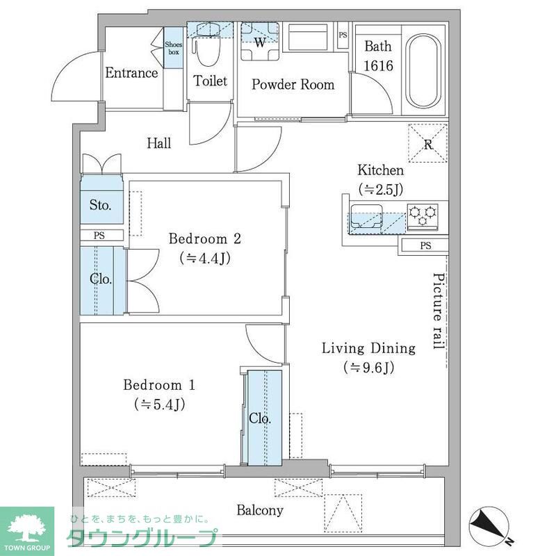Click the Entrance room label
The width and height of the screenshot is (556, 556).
click(x=131, y=72)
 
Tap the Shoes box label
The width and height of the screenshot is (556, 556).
click(x=173, y=48)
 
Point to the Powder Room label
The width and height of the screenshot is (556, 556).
click(x=293, y=85)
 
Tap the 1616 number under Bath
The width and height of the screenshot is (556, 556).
click(x=378, y=67)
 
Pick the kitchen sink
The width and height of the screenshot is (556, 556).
click(x=365, y=217)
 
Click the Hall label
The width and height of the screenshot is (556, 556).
click(x=159, y=143)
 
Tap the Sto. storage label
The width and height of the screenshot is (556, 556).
click(x=101, y=205)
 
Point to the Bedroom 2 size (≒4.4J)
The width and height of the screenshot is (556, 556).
click(x=205, y=259)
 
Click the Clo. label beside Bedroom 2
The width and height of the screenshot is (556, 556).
click(x=101, y=279)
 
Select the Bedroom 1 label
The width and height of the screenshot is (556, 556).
click(x=159, y=384)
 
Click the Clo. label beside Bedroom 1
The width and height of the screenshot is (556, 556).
click(x=260, y=419)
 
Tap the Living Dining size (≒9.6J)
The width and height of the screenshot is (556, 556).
click(x=368, y=368)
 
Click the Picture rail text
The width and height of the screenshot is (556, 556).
click(x=439, y=311)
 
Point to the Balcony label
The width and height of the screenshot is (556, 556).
click(x=260, y=511)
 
